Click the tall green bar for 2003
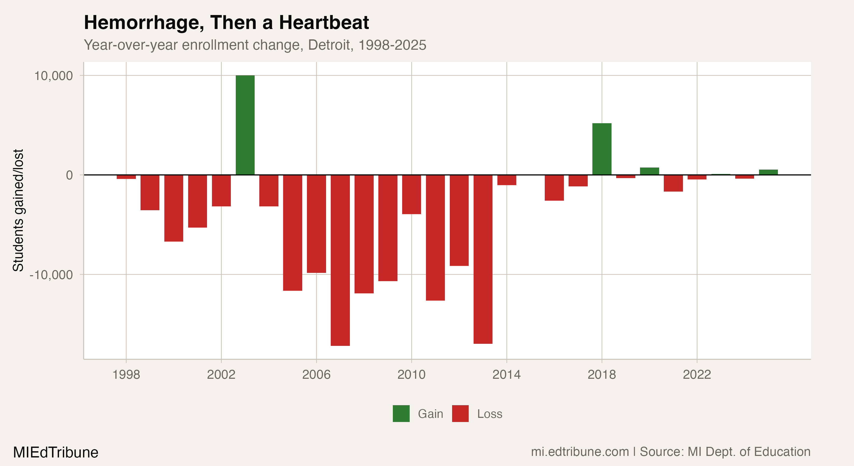(245, 125)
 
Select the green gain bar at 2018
(602, 149)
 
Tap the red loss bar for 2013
(483, 259)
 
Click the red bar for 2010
(411, 194)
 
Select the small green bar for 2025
(768, 172)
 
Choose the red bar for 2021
(673, 183)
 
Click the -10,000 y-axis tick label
(51, 275)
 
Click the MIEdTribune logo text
(56, 452)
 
